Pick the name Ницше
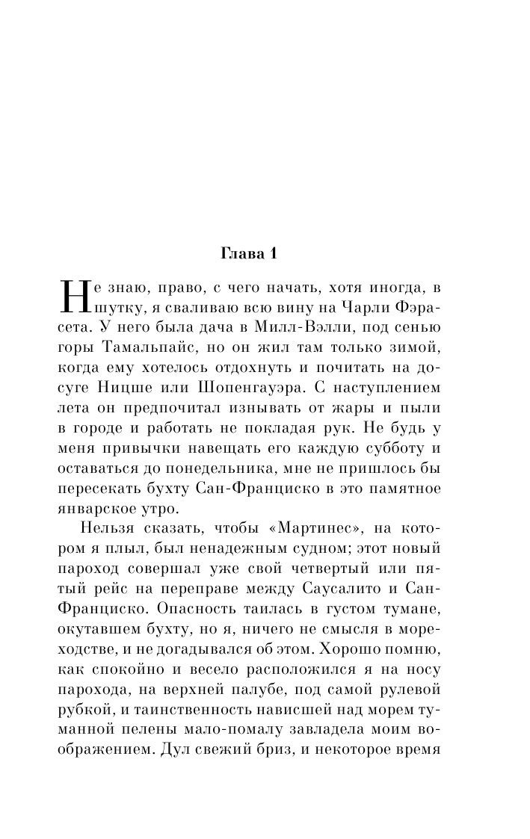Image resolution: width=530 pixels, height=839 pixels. tap(140, 389)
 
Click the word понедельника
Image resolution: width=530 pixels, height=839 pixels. tap(208, 473)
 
